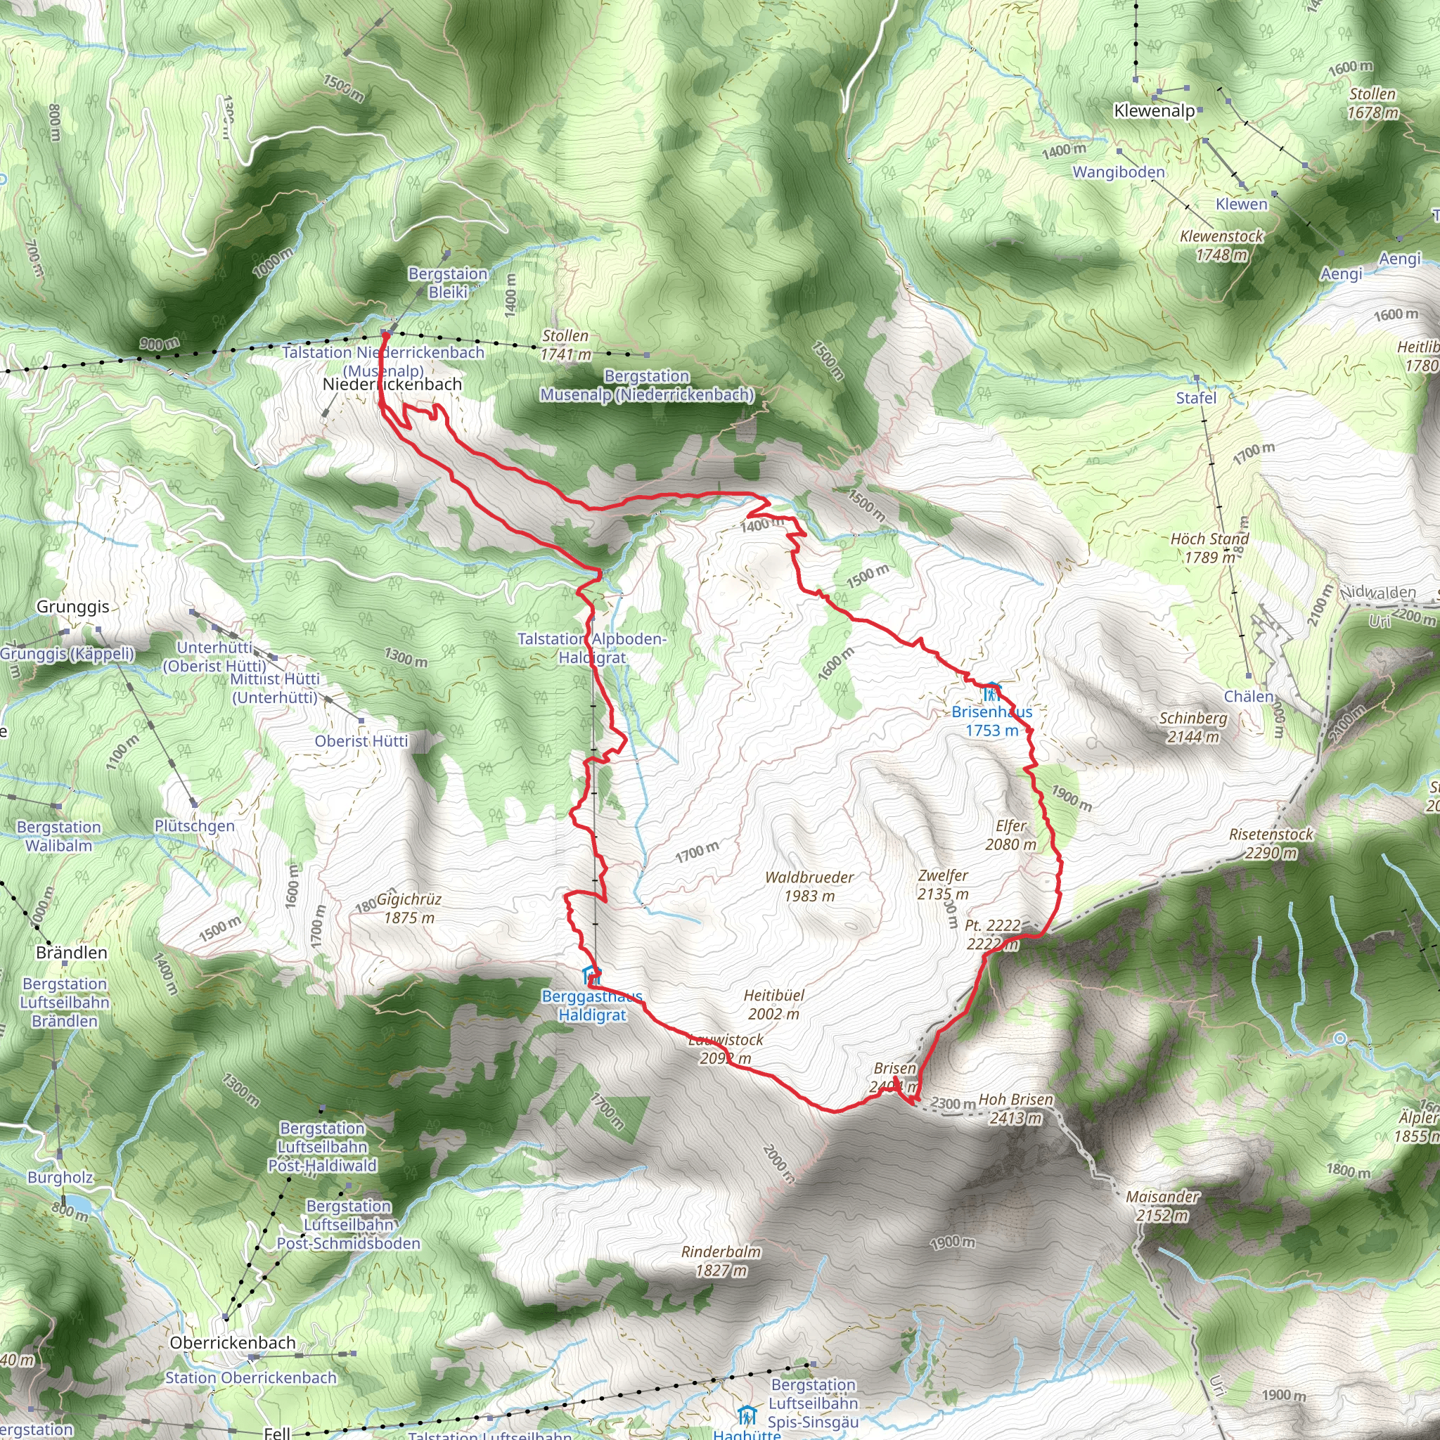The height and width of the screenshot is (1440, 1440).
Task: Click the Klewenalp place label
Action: (x=1154, y=111)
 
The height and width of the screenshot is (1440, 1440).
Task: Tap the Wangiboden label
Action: (x=1118, y=172)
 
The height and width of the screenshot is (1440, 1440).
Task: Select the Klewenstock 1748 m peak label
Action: (x=1221, y=245)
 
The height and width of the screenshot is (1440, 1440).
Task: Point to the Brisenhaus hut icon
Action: (x=991, y=693)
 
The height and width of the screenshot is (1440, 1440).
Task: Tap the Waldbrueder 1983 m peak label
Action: (x=809, y=886)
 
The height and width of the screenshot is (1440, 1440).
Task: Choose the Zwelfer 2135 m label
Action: (x=943, y=884)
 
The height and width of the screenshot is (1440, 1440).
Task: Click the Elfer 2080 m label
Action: (x=1010, y=835)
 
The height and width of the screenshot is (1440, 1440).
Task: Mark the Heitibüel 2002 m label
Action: (x=773, y=1004)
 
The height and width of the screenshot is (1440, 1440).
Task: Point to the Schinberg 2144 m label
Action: (x=1193, y=727)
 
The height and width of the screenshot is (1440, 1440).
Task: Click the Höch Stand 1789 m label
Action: (x=1209, y=547)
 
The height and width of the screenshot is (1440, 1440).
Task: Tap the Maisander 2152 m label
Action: (x=1163, y=1205)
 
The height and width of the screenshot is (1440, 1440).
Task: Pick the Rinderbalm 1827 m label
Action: (x=721, y=1261)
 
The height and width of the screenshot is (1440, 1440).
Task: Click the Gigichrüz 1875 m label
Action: (x=409, y=908)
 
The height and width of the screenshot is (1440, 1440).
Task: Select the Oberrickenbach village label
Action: (x=233, y=1342)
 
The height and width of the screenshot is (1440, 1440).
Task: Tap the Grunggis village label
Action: (x=73, y=606)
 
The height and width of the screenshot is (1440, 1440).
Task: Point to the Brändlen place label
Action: (x=72, y=953)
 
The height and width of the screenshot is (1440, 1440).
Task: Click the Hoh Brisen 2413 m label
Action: (x=1015, y=1108)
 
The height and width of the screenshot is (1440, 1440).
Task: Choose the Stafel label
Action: (x=1195, y=397)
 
